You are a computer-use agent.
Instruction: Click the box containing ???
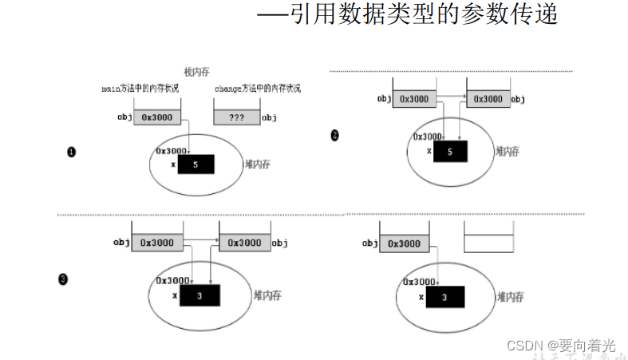(x=236, y=117)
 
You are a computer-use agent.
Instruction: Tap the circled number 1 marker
(x=72, y=152)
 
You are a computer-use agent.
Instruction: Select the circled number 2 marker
(x=334, y=136)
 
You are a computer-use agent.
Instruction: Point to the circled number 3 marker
(x=63, y=279)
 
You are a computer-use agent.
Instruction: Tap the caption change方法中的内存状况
(x=257, y=89)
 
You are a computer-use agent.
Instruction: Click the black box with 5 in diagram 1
(x=196, y=164)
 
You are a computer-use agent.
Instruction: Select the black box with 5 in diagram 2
(x=451, y=151)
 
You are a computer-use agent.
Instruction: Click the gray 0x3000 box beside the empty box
(x=404, y=243)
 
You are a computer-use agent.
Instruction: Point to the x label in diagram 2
(x=429, y=151)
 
